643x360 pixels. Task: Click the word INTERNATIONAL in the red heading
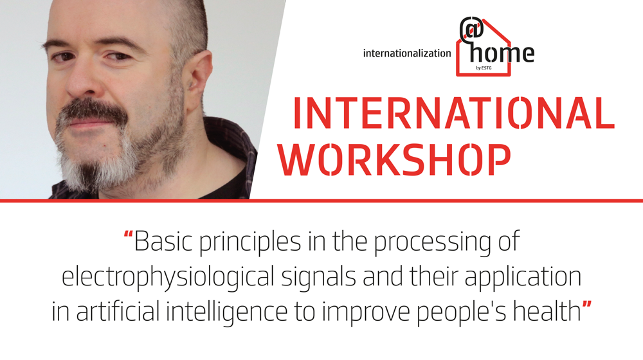coord(454,113)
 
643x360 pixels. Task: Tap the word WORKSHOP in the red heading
coord(395,160)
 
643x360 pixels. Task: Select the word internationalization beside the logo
coord(407,53)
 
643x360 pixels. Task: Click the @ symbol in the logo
coord(471,29)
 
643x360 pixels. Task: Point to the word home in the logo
coord(502,53)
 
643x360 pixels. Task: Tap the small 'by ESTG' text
coord(484,68)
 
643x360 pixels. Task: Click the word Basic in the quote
coord(163,241)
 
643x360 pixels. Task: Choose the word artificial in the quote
coord(118,312)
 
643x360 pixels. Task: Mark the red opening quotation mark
coord(129,235)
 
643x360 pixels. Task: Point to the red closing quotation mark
coord(587,305)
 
